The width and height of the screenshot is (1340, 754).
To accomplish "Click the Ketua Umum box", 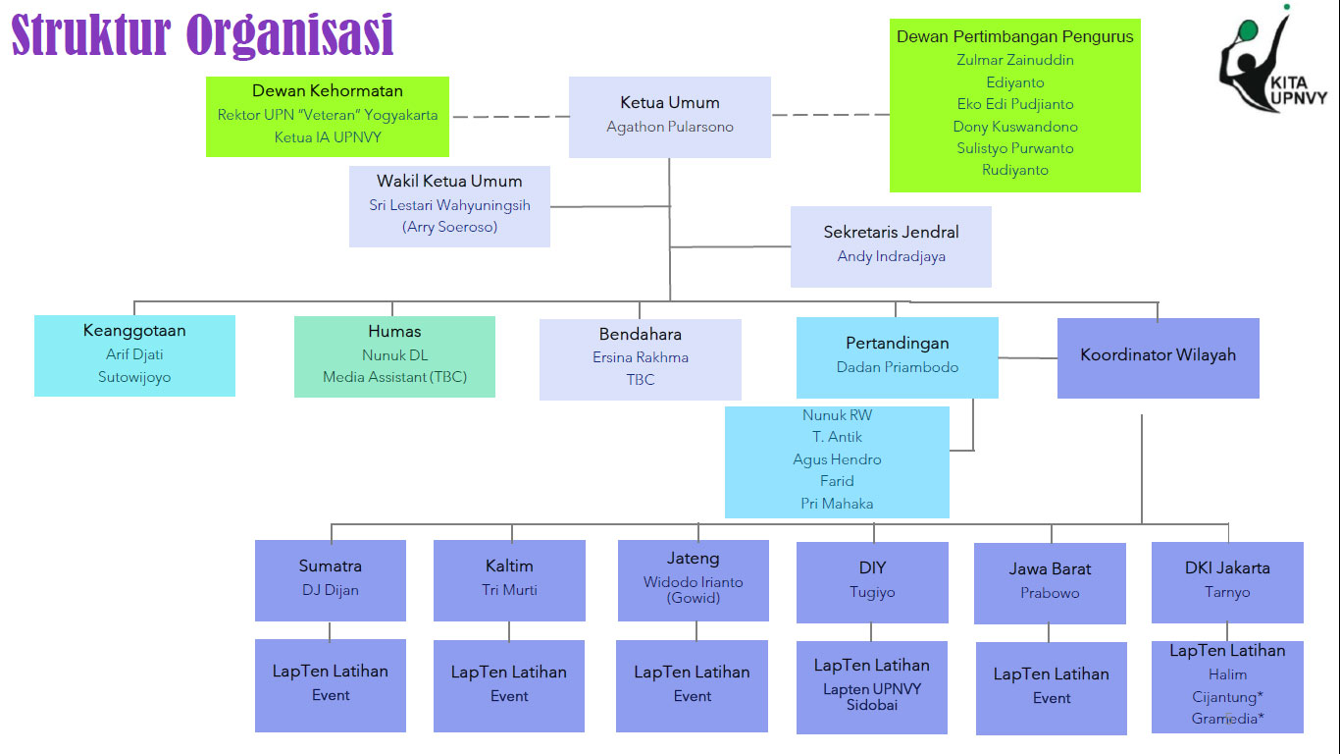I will [670, 116].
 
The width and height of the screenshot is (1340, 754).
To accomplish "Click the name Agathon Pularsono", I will [670, 127].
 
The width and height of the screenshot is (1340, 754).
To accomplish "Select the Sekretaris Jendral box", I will [891, 245].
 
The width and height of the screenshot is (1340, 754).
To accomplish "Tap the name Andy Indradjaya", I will [891, 256].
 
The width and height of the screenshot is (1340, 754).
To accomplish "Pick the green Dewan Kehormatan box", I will [328, 116].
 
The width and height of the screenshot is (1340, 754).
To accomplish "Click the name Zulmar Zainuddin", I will [1015, 60].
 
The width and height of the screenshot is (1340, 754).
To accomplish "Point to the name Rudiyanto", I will [1015, 170].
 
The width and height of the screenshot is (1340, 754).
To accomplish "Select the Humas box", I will [394, 355].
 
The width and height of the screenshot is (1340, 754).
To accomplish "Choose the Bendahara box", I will [641, 358].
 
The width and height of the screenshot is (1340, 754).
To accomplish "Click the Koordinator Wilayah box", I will [1158, 357].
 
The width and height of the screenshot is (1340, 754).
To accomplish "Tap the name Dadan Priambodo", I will [898, 367].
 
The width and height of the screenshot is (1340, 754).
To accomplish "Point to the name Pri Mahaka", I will [837, 504].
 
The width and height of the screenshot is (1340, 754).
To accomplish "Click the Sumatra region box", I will [331, 579].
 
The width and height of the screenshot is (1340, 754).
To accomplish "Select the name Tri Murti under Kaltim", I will [510, 590].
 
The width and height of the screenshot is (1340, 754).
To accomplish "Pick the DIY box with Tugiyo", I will [872, 581].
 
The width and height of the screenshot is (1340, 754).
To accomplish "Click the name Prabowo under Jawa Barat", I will [1050, 593].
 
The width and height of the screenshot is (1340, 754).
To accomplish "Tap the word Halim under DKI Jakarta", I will [1227, 674].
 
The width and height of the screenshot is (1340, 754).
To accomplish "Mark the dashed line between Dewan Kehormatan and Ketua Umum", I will [509, 116].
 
